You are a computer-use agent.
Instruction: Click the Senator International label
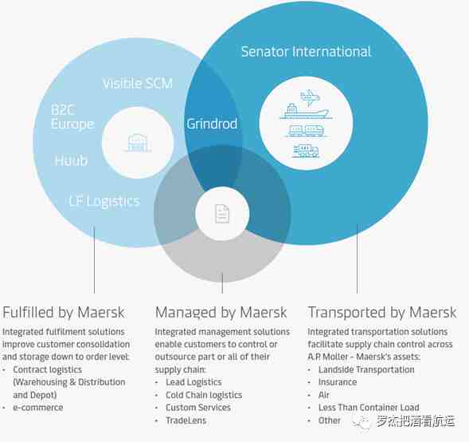coord(306,52)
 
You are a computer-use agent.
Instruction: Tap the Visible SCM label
coord(138,83)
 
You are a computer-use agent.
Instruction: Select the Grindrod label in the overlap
coord(212,124)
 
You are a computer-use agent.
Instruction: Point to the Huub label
coord(71,160)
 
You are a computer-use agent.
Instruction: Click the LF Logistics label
coord(104,201)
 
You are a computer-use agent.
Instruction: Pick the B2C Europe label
coord(72,116)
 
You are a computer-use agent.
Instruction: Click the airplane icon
coord(310,97)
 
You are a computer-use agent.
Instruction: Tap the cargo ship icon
coord(306,111)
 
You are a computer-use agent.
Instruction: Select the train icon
coord(306,131)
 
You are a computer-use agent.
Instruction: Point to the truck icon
coord(306,151)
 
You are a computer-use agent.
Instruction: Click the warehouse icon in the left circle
coord(138,143)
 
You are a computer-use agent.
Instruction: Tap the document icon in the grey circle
coord(222,214)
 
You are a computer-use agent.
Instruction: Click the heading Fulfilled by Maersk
coord(64,313)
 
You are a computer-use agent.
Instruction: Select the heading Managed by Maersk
coord(221,313)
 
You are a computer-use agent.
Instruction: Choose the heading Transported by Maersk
coord(382,313)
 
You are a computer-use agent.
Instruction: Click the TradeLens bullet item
coord(186,420)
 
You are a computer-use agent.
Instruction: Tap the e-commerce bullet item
coord(38,408)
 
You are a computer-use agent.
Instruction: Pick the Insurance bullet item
coord(338,382)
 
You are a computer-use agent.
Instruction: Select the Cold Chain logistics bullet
coord(204,395)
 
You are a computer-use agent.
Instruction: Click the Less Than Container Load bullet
coord(369,408)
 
